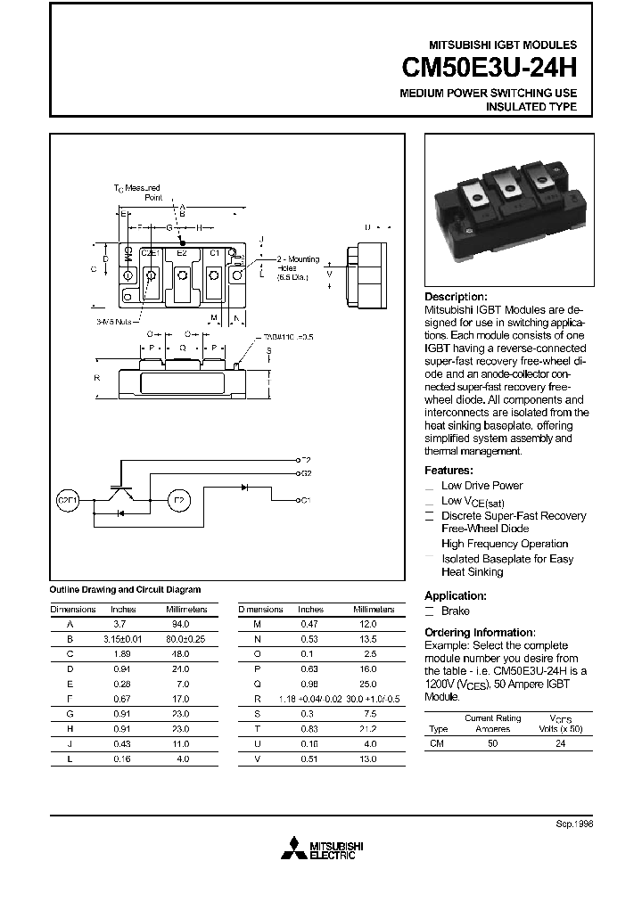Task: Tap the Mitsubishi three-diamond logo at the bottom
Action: pos(292,849)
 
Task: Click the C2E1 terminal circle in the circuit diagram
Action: pos(68,500)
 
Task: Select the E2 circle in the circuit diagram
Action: pos(177,500)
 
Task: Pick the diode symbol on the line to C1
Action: pos(245,487)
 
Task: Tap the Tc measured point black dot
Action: pos(183,242)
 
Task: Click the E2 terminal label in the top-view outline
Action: pos(182,253)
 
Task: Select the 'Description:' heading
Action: pos(456,297)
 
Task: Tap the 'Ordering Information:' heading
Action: pos(480,632)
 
